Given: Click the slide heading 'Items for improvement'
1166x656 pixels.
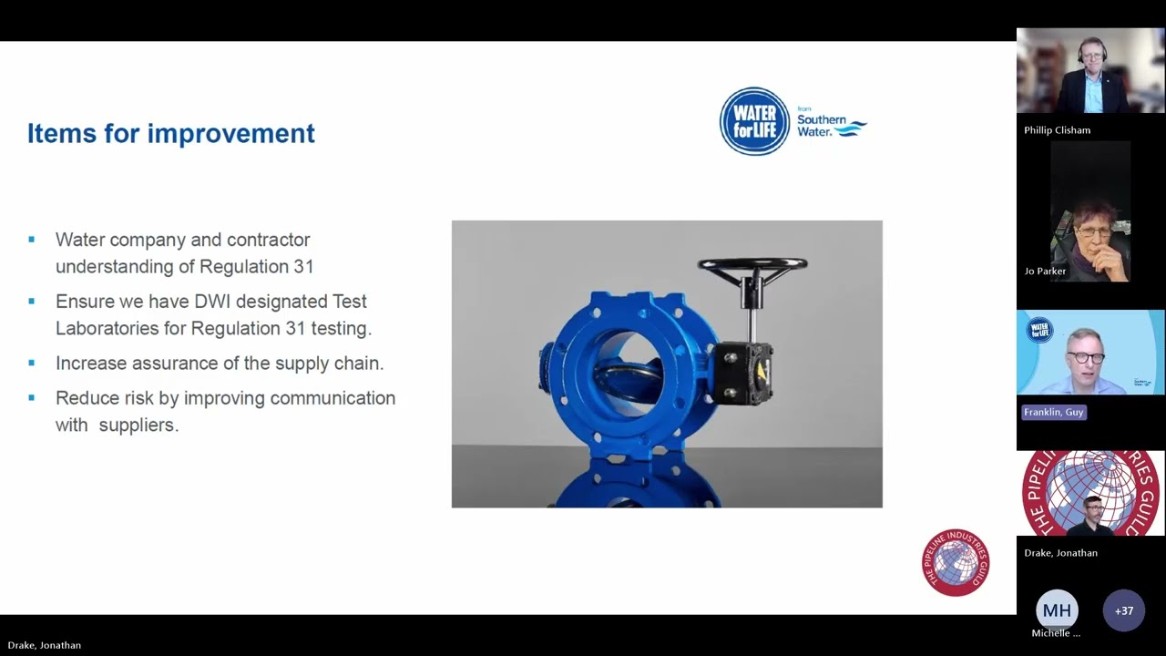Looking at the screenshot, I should [x=170, y=134].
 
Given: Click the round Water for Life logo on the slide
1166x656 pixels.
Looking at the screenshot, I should [x=754, y=121].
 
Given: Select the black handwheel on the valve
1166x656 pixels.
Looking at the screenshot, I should [x=752, y=265].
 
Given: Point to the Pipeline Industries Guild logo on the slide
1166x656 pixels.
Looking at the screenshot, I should [x=955, y=563].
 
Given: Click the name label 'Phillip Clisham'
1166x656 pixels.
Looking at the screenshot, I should [x=1057, y=130].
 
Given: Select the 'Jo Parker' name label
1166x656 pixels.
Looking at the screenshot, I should [x=1045, y=272].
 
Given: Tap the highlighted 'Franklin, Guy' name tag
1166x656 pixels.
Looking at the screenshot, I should [x=1053, y=413].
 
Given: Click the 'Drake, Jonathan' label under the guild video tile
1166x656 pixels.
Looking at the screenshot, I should [x=1060, y=553].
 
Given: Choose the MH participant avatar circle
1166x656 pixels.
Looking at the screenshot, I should [x=1057, y=610].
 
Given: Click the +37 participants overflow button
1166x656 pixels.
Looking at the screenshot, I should [x=1123, y=610].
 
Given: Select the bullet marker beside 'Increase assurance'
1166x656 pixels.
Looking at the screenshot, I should [x=32, y=363].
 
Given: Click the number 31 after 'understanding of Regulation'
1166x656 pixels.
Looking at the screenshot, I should [x=302, y=267].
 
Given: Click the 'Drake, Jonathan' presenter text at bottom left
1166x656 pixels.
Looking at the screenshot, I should [x=45, y=645].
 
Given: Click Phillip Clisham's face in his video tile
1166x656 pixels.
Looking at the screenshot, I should [x=1090, y=56].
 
